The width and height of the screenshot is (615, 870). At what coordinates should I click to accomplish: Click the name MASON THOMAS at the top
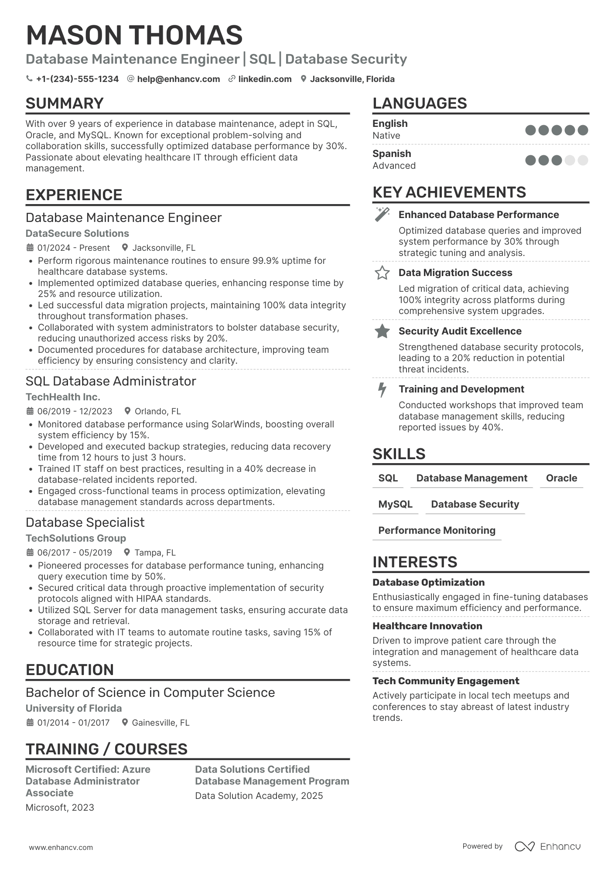[x=134, y=35]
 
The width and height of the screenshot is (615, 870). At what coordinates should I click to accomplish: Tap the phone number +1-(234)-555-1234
[x=77, y=79]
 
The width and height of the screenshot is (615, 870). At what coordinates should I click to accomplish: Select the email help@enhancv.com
[x=178, y=79]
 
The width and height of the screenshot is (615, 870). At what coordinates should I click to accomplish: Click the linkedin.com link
[x=265, y=79]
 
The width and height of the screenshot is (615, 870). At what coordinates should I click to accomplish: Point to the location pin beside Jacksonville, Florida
[x=304, y=79]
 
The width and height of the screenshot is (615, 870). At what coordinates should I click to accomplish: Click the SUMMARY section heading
[x=65, y=103]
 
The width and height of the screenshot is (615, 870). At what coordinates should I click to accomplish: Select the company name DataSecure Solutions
[x=77, y=233]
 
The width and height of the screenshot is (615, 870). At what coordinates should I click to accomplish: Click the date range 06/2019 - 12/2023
[x=75, y=411]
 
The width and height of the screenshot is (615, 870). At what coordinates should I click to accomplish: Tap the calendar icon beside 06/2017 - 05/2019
[x=30, y=553]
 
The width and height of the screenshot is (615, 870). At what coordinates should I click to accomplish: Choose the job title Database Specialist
[x=85, y=522]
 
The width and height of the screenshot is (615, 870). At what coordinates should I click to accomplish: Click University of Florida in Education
[x=74, y=708]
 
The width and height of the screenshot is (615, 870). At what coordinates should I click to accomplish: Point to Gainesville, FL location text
[x=161, y=723]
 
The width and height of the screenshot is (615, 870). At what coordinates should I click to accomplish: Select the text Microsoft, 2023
[x=60, y=807]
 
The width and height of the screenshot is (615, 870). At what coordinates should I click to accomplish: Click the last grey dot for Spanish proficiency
[x=583, y=160]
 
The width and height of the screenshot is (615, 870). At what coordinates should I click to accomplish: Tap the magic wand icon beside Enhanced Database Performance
[x=382, y=214]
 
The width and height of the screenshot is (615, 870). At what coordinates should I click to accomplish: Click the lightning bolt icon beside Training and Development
[x=382, y=389]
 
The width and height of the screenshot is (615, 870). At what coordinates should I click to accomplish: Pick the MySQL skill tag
[x=395, y=504]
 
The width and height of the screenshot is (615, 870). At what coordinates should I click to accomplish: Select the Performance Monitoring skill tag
[x=437, y=530]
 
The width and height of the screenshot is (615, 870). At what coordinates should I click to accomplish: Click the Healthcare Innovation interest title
[x=427, y=626]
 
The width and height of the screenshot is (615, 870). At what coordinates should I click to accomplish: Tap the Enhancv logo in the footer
[x=547, y=846]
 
